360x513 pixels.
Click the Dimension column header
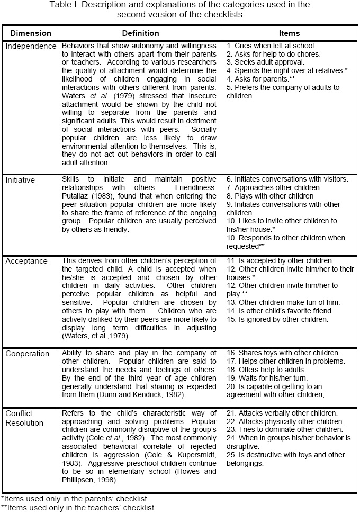[31, 33]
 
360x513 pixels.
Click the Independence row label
[31, 46]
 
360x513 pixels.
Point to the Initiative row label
[20, 180]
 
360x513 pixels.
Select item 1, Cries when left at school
[271, 46]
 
